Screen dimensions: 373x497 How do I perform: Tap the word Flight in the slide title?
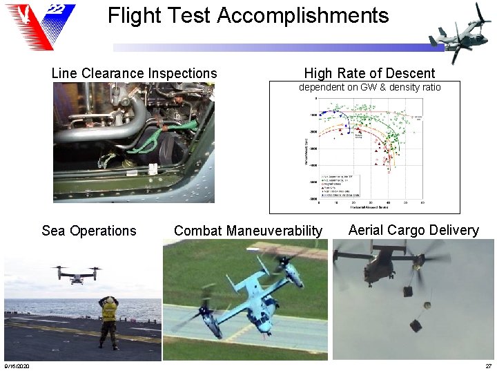coord(135,15)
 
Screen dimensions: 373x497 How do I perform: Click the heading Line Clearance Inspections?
coord(134,73)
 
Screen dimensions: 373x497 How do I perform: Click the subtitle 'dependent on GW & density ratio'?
coord(369,87)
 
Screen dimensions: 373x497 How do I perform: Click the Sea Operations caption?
coord(89,231)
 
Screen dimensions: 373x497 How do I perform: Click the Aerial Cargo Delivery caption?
coord(413,230)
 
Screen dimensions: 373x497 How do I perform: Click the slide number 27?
coord(488,365)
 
